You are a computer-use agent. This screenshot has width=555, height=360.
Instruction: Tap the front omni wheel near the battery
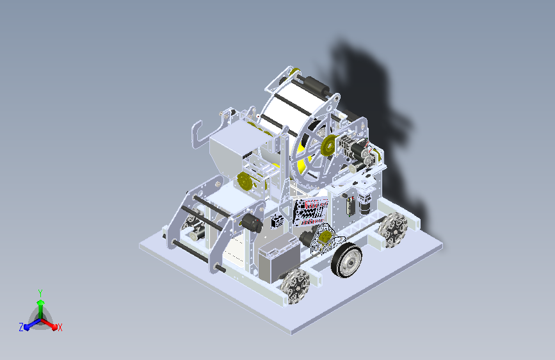point(295,286)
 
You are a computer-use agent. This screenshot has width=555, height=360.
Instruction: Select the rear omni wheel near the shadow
point(393,229)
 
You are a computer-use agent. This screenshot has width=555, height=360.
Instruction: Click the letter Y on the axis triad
point(40,293)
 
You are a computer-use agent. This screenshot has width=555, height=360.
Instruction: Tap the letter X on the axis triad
point(60,328)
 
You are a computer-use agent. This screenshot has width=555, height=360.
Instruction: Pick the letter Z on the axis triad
point(21,327)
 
